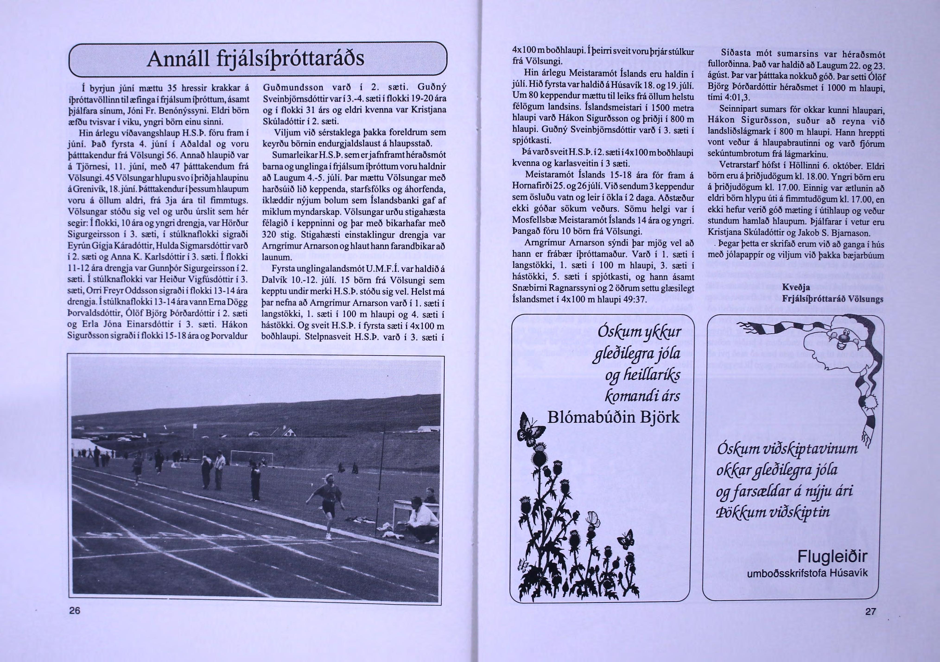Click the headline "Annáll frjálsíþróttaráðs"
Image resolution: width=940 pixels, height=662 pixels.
coord(255,59)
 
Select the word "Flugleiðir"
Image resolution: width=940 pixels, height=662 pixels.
coord(832,557)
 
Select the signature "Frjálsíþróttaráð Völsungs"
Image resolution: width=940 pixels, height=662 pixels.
coord(832,299)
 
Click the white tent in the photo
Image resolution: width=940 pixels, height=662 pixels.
coord(88,446)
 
